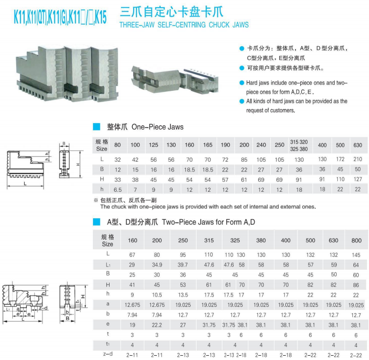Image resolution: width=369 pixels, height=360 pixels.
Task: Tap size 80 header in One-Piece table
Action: (117, 146)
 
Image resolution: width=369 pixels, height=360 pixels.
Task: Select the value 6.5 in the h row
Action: (117, 190)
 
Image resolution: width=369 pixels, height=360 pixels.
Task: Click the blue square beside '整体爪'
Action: (97, 127)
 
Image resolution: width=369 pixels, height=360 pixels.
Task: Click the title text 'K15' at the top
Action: (100, 17)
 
